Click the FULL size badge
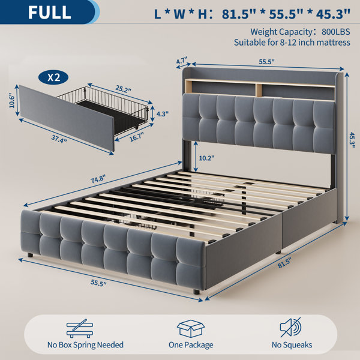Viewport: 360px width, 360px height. [x=49, y=12]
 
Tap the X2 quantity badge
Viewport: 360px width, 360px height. [x=53, y=77]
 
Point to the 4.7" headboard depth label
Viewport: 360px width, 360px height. [x=182, y=61]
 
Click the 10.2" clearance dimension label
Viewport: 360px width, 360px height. [x=206, y=158]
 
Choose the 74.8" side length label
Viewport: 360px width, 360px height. [x=98, y=178]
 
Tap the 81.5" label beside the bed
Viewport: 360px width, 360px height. [x=284, y=263]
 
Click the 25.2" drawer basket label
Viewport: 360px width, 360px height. [x=123, y=89]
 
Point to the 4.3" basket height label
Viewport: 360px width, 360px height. [x=162, y=113]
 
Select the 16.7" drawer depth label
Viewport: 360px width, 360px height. [x=137, y=137]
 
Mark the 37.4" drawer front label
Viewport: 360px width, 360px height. [x=59, y=139]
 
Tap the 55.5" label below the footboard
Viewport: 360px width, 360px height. [x=98, y=283]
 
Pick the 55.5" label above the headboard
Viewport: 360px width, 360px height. [x=267, y=62]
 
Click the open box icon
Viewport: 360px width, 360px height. [x=191, y=329]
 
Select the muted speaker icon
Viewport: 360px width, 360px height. [x=290, y=327]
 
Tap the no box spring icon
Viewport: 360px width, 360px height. [x=80, y=328]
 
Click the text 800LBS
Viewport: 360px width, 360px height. [x=335, y=32]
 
